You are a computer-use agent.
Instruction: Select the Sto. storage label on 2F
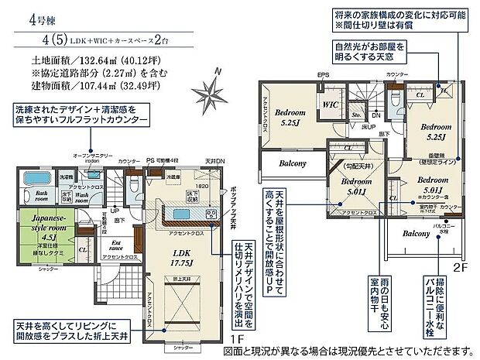[357, 115]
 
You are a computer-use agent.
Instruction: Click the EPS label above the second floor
[323, 75]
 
